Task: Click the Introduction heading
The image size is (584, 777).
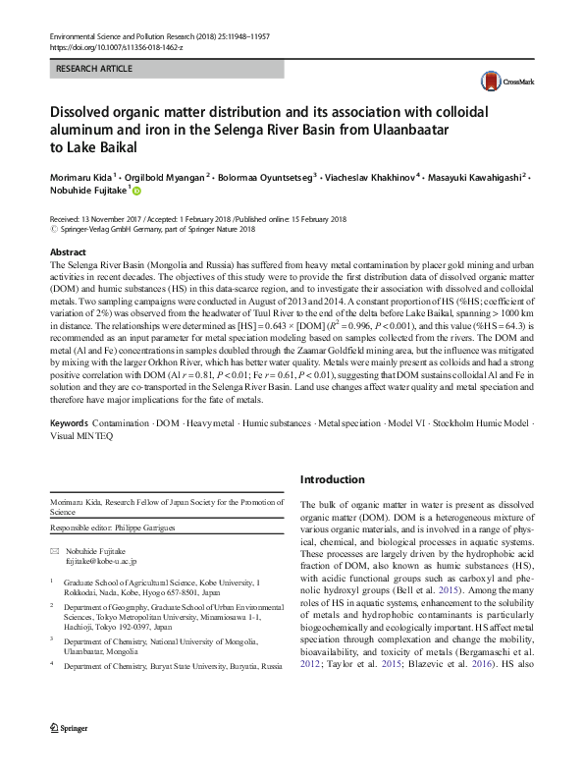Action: [332, 479]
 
